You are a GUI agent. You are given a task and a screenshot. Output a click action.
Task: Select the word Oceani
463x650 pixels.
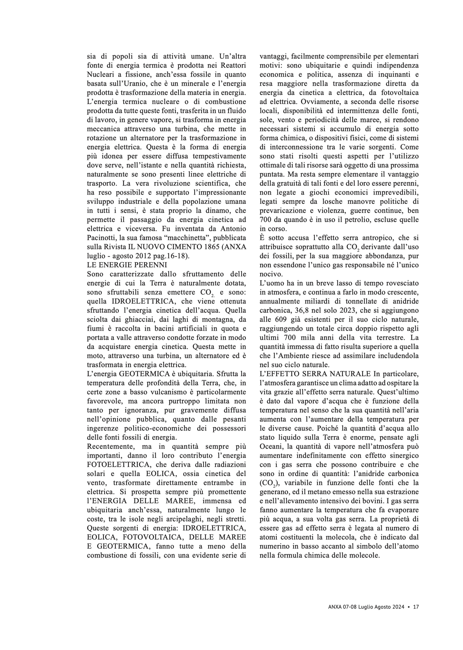tap(271, 447)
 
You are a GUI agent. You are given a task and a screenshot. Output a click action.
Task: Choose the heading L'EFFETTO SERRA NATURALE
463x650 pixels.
tap(315, 374)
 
